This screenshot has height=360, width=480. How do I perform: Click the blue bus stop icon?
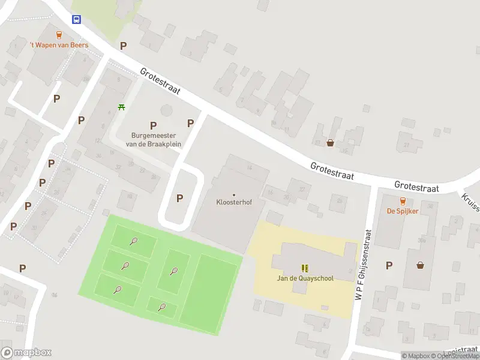pos(77,19)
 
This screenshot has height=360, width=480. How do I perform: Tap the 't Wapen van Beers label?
pos(59,45)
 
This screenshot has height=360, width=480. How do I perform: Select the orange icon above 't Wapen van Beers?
pos(59,35)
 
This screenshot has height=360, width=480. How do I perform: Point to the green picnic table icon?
pos(122,107)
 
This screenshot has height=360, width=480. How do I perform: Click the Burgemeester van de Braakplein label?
pos(153,139)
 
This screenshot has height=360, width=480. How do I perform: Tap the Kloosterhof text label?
pos(234,202)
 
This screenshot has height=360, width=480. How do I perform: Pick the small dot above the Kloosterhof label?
pos(234,194)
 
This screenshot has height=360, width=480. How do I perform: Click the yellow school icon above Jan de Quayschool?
pos(304,268)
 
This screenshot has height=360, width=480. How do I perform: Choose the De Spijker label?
pos(402,211)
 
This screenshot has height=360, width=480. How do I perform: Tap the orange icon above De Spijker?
pos(402,201)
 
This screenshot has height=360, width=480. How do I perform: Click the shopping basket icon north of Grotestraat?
pos(330,143)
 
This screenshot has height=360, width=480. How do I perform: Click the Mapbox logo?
pos(26,353)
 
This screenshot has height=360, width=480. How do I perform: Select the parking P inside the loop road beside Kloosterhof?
pos(179,199)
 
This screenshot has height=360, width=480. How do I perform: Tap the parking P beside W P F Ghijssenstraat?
pos(389,265)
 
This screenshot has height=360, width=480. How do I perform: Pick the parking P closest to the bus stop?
pos(124,46)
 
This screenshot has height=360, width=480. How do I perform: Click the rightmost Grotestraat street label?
pos(417,187)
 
